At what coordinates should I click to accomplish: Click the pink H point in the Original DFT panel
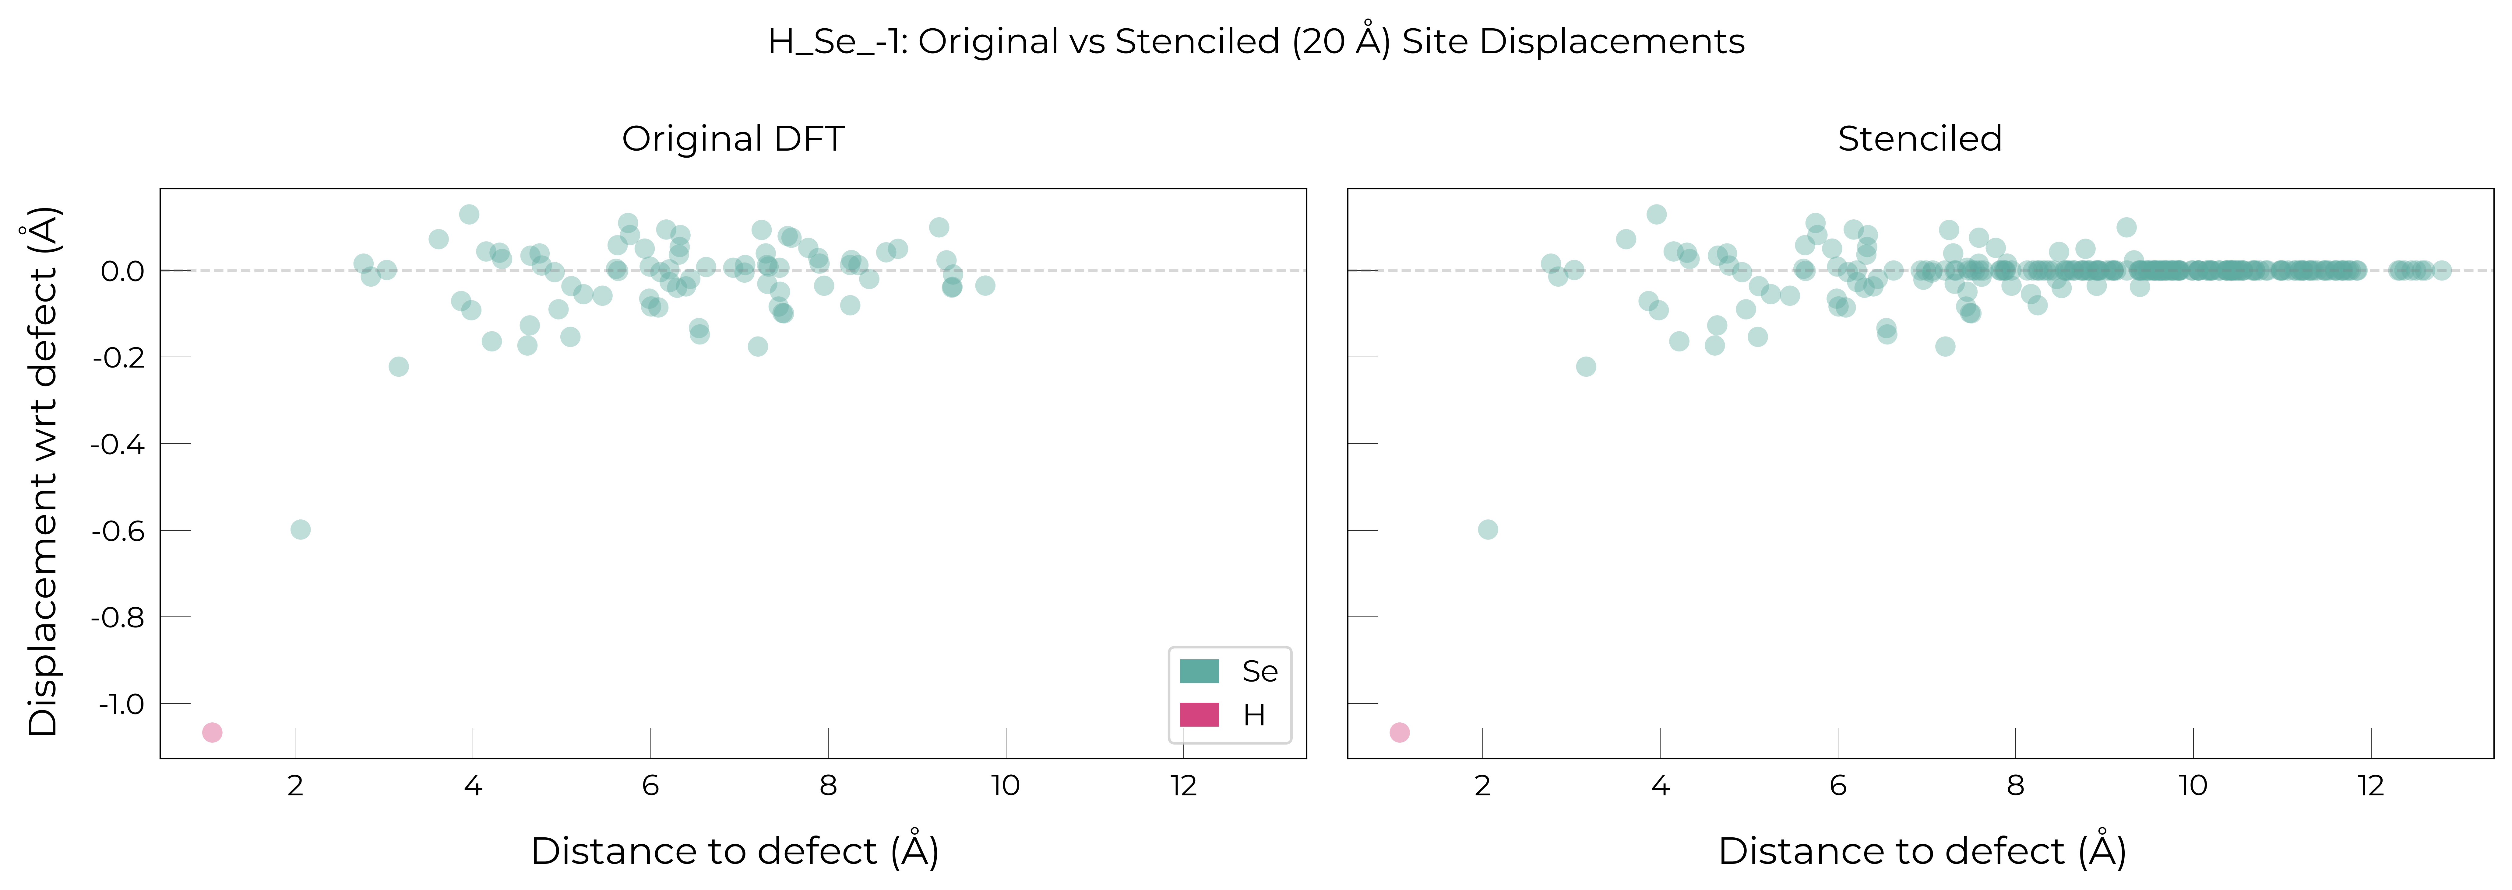[212, 732]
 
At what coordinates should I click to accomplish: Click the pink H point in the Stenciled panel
[1399, 732]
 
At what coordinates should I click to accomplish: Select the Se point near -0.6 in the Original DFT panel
[300, 529]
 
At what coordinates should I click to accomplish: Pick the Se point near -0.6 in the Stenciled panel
[1487, 529]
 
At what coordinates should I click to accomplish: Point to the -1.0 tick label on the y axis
[121, 704]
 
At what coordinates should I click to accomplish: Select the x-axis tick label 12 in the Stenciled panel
[2371, 786]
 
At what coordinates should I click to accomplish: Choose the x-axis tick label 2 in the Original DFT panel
[295, 786]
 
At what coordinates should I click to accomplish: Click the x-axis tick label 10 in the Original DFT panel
[1006, 786]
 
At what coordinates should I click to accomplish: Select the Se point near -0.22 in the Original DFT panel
[398, 367]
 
